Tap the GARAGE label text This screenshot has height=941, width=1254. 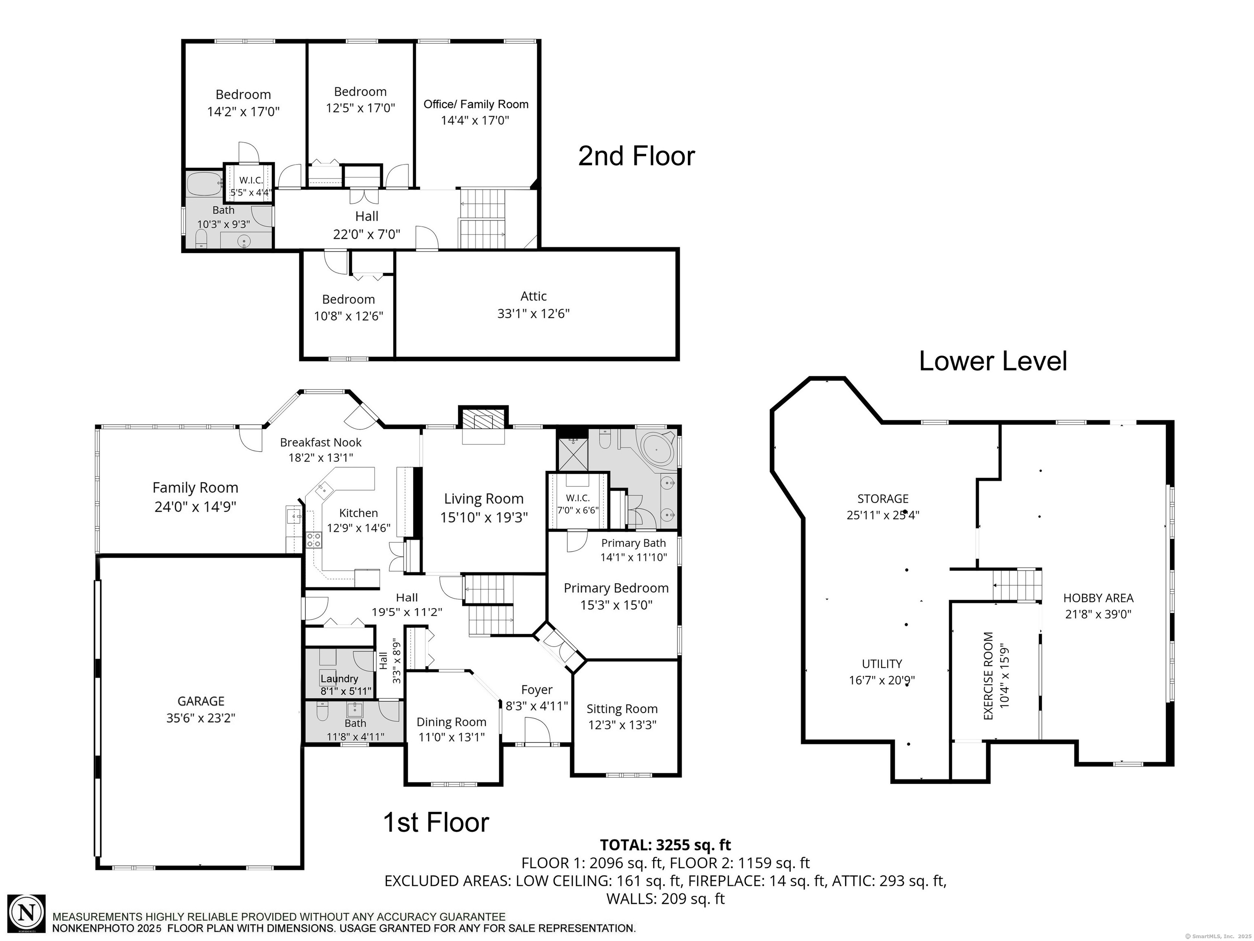click(x=201, y=701)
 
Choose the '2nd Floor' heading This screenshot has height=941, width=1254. click(x=636, y=156)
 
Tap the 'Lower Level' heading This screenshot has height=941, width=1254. click(x=993, y=361)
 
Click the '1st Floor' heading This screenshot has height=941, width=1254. click(x=436, y=823)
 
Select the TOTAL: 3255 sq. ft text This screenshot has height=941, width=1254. click(x=665, y=845)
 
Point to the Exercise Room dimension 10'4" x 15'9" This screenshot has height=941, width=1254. click(x=1005, y=676)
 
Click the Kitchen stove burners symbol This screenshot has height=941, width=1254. click(x=313, y=540)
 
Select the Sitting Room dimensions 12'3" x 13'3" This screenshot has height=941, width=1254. click(x=623, y=725)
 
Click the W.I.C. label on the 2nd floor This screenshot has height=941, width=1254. click(x=251, y=181)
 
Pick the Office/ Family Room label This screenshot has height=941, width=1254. click(x=476, y=105)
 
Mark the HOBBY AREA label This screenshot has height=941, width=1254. click(x=1098, y=598)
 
